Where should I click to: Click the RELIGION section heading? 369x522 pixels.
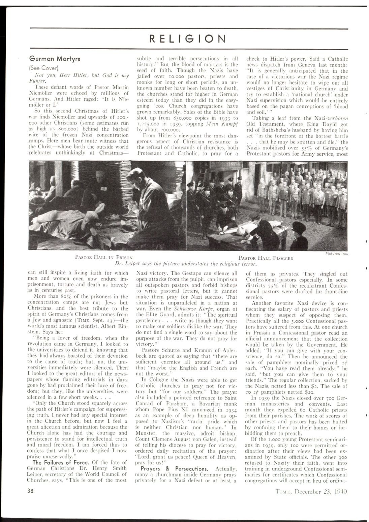click(187, 38)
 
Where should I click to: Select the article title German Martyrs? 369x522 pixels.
click(54, 59)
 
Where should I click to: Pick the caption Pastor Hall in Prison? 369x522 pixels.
click(101, 257)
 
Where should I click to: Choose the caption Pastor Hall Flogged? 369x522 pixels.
click(266, 258)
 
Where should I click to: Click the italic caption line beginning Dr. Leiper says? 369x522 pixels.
click(186, 263)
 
